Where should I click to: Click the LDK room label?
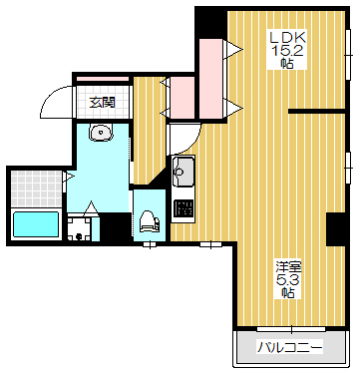tap(288, 37)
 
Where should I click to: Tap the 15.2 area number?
tap(288, 50)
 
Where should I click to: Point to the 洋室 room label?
tap(288, 266)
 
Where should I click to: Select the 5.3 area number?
tap(288, 280)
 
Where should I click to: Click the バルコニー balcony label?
tap(290, 348)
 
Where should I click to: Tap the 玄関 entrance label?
tap(103, 103)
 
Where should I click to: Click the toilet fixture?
tap(149, 220)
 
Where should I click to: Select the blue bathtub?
tap(36, 224)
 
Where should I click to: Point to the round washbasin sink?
tap(101, 132)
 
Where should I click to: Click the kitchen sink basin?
tap(182, 171)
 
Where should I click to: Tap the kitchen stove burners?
tap(183, 208)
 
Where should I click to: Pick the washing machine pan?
tap(79, 229)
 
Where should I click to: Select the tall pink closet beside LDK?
tap(211, 79)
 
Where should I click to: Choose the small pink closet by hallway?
tap(182, 98)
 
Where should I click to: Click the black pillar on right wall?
tap(335, 229)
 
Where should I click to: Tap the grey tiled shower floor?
tap(37, 188)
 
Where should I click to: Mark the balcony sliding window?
tap(291, 329)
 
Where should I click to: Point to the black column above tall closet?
tap(210, 23)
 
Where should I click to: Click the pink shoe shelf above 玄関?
tap(103, 79)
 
